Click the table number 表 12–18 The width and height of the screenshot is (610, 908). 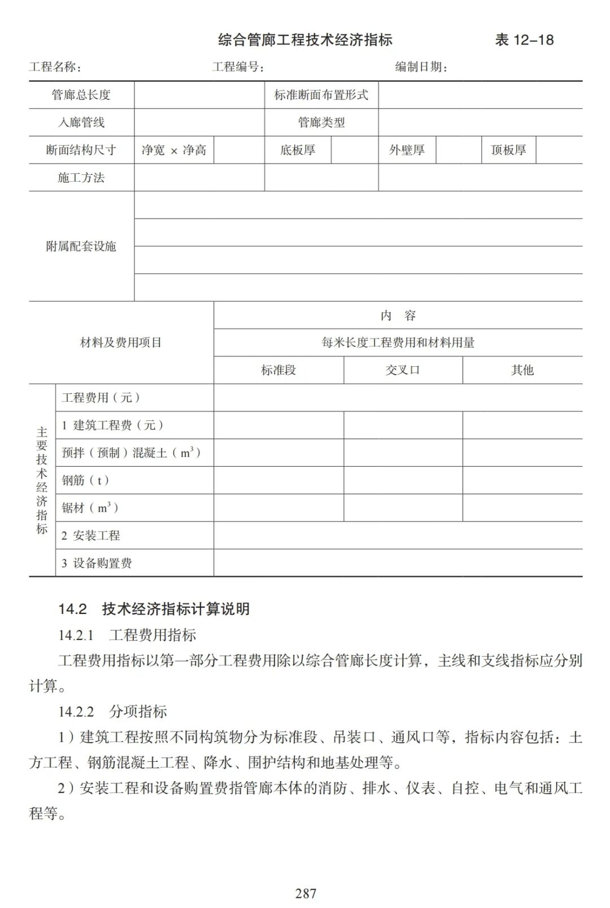524,40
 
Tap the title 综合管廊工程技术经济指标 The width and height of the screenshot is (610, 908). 305,40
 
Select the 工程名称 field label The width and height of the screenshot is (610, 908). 55,67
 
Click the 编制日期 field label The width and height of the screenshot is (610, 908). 421,67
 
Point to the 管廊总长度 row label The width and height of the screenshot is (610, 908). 81,95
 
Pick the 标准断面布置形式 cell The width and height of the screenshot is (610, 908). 321,95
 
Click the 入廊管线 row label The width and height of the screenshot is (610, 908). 81,122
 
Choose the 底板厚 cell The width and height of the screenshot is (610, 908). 298,150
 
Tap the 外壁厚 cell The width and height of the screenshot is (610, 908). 407,150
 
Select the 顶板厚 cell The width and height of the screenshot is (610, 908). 508,150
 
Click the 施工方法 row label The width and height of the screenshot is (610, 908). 81,178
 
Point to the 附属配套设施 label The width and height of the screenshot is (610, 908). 81,246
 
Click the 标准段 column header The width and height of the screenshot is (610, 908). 278,370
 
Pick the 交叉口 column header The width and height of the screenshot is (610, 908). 403,370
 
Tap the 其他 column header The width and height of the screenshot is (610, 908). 522,370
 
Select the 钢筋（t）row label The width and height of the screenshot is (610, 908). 85,480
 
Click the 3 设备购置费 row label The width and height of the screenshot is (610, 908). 97,563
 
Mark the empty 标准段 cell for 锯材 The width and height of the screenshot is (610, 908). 278,508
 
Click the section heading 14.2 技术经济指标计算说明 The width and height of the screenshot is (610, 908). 154,609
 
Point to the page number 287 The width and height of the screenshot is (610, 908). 306,893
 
